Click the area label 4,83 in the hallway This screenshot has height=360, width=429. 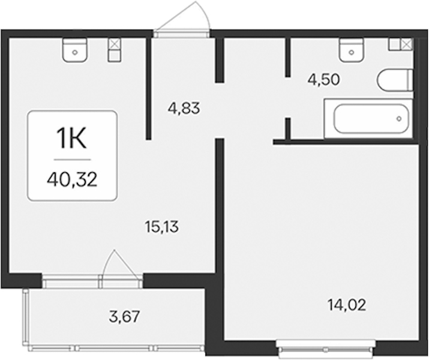point(184,108)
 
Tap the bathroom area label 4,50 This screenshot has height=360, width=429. point(323,80)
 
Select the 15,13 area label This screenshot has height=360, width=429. point(162,227)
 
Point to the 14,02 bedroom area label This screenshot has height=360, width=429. point(347,305)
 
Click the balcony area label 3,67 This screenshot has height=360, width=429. point(124,317)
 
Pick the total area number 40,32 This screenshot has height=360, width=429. point(72,180)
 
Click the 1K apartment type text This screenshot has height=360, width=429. point(71,139)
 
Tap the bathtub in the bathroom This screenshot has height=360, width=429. point(368,119)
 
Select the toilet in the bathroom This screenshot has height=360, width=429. point(395,80)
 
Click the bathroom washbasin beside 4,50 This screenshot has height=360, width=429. point(352,50)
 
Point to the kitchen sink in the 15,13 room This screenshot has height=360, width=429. point(75,50)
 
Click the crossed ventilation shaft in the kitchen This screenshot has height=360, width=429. point(115,44)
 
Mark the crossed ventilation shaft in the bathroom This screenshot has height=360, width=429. point(407,44)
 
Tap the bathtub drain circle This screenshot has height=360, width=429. point(399,119)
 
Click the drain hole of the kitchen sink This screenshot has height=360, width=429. point(75,52)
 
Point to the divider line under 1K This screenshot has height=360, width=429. point(72,160)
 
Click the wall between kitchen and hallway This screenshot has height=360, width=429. point(148,89)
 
